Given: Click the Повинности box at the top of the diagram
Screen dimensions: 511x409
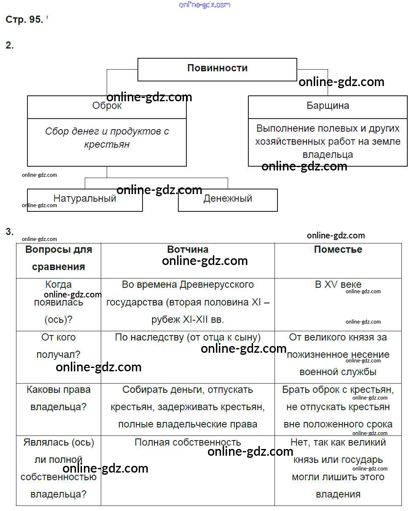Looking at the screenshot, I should click(x=217, y=68).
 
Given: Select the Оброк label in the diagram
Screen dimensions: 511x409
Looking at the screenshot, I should click(x=107, y=106).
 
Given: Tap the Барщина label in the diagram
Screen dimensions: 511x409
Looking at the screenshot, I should click(x=328, y=105).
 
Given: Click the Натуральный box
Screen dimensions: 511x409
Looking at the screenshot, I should click(x=85, y=199).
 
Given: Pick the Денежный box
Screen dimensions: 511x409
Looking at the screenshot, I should click(x=228, y=199).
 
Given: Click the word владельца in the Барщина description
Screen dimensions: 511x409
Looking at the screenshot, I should click(x=328, y=154).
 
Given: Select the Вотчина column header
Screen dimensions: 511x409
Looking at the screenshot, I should click(x=188, y=249).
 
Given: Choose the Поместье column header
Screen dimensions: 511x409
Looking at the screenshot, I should click(x=338, y=249).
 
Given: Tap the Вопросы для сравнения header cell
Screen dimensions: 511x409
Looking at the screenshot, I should click(x=59, y=258).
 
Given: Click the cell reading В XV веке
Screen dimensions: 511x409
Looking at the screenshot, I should click(x=338, y=285).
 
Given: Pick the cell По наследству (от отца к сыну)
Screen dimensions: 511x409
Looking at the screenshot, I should click(x=188, y=337).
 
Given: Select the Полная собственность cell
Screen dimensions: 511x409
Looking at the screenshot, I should click(x=188, y=442).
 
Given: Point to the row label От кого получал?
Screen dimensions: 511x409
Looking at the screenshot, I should click(x=59, y=346).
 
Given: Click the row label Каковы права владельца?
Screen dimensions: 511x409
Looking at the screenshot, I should click(x=59, y=398).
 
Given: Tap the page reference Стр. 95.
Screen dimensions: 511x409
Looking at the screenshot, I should click(x=24, y=20).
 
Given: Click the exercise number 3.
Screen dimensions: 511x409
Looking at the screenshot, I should click(x=9, y=232).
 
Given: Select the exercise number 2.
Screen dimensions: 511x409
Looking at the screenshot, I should click(x=9, y=46).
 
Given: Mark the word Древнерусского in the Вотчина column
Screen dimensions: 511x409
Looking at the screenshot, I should click(x=217, y=285).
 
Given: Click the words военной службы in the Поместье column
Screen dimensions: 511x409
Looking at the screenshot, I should click(x=338, y=372).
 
